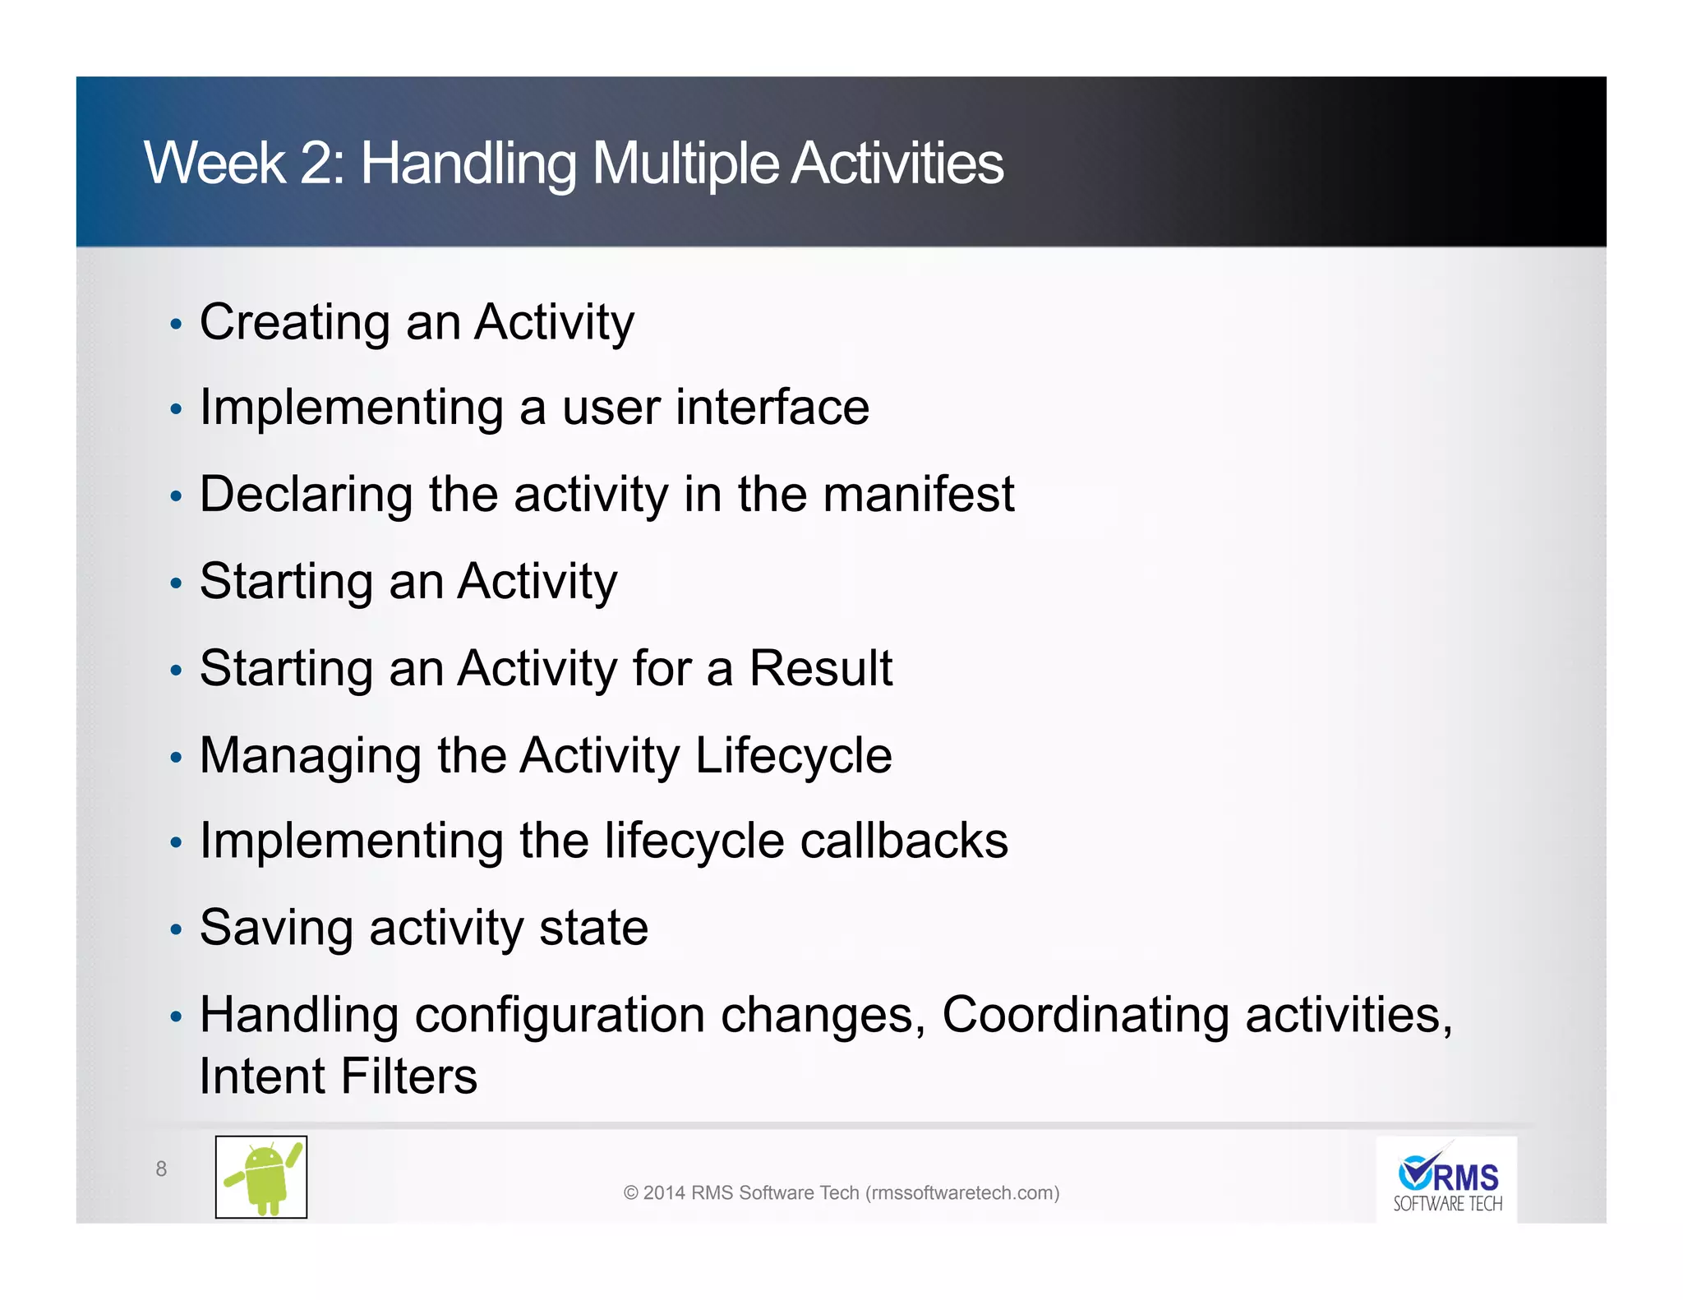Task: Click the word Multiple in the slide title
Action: click(x=685, y=164)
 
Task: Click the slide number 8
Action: click(x=161, y=1169)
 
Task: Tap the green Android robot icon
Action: click(x=261, y=1178)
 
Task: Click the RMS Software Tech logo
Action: click(x=1446, y=1181)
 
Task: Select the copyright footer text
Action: click(x=841, y=1192)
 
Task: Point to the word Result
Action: click(x=820, y=668)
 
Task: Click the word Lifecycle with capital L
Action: click(x=793, y=755)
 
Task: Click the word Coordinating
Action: click(x=1085, y=1015)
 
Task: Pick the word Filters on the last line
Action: click(x=408, y=1076)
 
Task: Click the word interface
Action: click(x=772, y=408)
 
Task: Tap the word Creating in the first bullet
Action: click(x=294, y=322)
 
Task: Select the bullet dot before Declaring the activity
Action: click(x=175, y=497)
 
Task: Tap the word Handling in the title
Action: click(x=468, y=164)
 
